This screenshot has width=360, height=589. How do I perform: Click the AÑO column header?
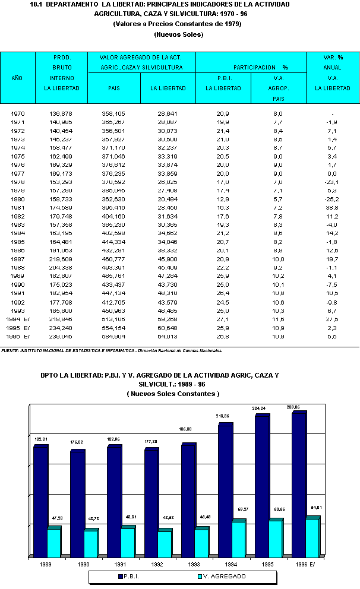tap(17, 78)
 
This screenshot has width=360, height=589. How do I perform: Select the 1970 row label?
tap(18, 113)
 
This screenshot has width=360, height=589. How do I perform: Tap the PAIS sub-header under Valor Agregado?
tap(113, 88)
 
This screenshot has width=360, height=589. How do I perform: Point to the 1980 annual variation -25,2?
tap(332, 199)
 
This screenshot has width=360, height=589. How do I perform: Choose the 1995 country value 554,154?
tap(113, 328)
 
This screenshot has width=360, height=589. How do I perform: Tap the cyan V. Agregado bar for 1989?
tap(54, 543)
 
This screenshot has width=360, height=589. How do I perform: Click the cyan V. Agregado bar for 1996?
tap(313, 537)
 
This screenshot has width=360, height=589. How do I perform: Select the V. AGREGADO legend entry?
tap(223, 576)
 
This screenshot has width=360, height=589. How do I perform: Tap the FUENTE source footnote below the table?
tap(113, 350)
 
